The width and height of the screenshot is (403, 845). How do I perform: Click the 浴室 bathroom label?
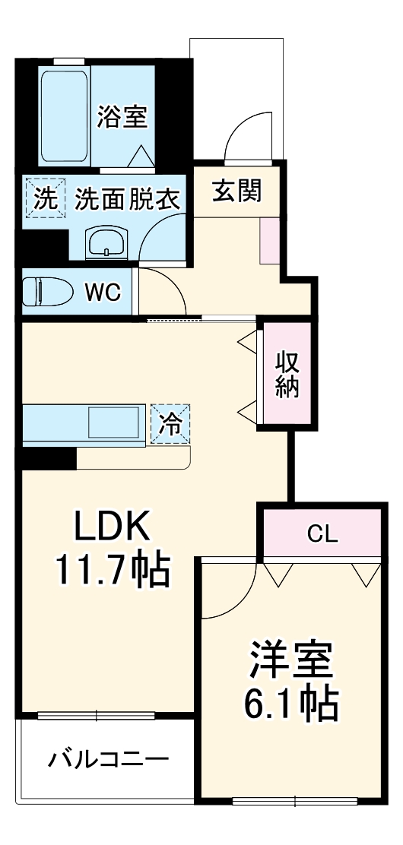[122, 118]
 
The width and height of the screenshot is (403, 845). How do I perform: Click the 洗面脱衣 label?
[127, 199]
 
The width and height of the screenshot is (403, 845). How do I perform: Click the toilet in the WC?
[42, 292]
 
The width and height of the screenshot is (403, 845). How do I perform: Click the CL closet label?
[322, 534]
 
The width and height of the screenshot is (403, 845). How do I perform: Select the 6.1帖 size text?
[290, 704]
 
